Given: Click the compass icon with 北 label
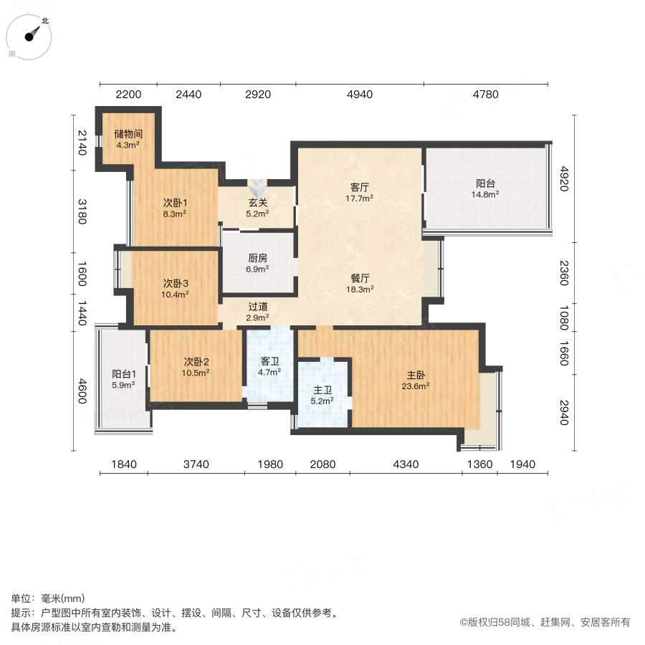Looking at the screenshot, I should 31,37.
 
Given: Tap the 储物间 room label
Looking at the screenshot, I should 128,133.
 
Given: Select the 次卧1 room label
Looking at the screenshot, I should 176,203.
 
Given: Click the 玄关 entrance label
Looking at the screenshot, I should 258,203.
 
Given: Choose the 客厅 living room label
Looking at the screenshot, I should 360,187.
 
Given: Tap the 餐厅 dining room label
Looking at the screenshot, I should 360,279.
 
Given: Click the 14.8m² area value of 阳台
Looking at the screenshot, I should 485,193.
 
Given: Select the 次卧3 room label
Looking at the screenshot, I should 176,283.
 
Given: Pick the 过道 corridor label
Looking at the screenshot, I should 258,307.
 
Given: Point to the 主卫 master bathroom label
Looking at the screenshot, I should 322,391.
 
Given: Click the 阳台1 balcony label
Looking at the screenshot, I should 123,374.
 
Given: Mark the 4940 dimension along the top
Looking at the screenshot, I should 359,95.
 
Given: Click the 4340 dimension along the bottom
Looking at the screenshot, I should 406,464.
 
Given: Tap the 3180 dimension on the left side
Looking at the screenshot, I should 82,211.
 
